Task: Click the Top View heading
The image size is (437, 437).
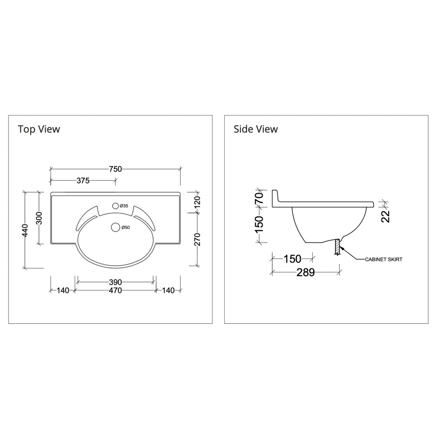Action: [39, 129]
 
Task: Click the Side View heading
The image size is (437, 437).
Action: [256, 129]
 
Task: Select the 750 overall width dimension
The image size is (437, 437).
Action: [115, 169]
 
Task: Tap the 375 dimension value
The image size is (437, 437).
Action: [83, 180]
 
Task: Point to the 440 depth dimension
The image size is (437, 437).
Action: [25, 229]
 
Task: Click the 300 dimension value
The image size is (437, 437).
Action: [39, 218]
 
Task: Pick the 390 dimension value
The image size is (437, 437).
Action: [115, 282]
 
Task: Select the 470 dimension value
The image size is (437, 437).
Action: [115, 290]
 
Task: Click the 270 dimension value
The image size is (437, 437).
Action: [197, 239]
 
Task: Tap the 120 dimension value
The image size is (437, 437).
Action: [197, 202]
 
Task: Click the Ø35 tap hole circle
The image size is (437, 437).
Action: [115, 205]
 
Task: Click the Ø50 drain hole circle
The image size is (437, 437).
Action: [115, 227]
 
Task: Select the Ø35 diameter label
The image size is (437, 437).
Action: [124, 206]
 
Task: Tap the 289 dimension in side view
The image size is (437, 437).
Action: [305, 273]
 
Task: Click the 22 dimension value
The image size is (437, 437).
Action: [385, 215]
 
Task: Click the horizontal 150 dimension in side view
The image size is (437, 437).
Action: [292, 259]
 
